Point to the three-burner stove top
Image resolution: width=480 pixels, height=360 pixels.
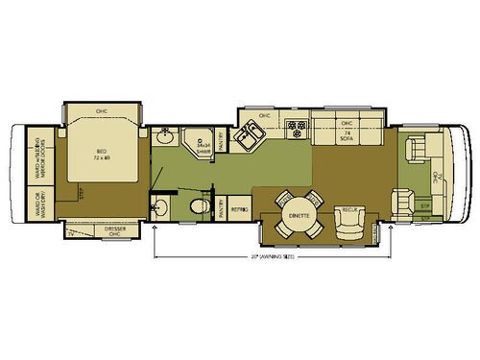pos(297,128)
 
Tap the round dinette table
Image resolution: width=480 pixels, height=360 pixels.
pos(298,216)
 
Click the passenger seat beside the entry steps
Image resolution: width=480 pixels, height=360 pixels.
pos(403,202)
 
